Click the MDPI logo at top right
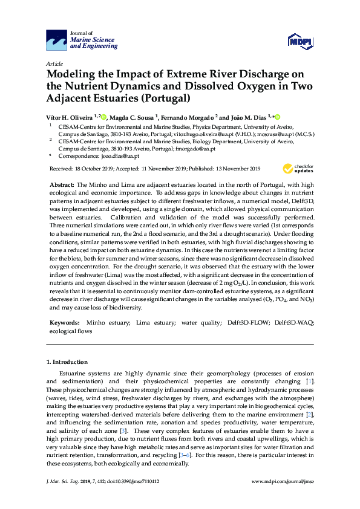pos(300,41)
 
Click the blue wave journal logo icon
pos(57,41)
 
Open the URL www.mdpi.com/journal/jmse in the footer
pos(281,482)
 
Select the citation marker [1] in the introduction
pos(310,382)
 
